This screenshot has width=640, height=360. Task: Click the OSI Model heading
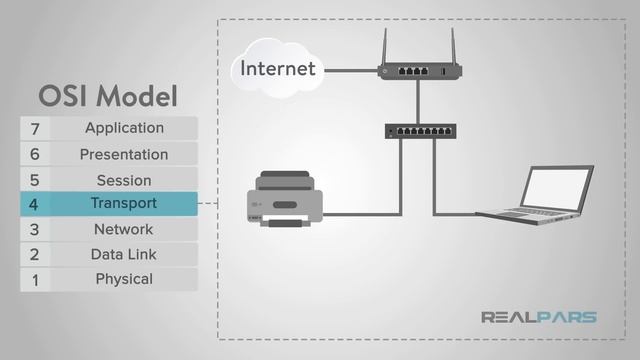(108, 96)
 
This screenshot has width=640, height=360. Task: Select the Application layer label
(124, 128)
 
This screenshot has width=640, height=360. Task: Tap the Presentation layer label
(124, 154)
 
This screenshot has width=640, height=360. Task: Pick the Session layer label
(124, 180)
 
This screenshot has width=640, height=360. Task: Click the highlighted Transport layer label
(123, 204)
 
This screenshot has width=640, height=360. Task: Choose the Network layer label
(123, 229)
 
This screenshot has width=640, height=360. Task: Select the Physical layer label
(124, 279)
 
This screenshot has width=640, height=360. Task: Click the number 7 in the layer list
(35, 129)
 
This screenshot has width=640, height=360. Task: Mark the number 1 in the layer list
(35, 280)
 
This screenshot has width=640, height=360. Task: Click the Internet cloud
(277, 68)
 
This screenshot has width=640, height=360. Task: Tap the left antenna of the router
(386, 46)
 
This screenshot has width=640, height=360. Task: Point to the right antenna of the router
(452, 46)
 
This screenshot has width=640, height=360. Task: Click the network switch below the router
(420, 130)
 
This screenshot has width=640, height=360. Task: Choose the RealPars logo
(539, 318)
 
